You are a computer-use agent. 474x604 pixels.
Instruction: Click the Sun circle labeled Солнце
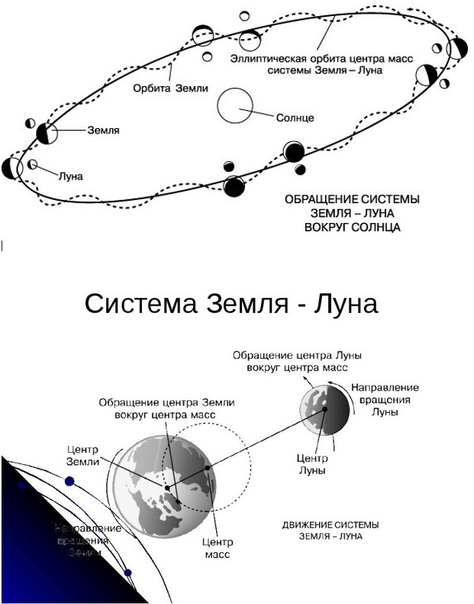pos(234,105)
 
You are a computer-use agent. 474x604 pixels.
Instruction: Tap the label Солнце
pos(295,118)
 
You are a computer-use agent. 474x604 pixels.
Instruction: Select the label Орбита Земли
pos(170,88)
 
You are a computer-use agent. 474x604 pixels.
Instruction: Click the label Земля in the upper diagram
pos(103,131)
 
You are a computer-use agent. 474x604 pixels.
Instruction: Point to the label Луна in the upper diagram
pos(70,175)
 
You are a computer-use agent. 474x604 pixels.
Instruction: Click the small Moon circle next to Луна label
pos(33,164)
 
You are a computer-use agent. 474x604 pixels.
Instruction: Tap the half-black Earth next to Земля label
pos(47,134)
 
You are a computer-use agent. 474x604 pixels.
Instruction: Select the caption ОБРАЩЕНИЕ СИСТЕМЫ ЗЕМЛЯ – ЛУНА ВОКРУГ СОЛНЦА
pos(352,213)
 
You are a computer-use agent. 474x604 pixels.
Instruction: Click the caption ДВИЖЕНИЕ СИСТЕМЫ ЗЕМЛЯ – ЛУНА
pos(331,530)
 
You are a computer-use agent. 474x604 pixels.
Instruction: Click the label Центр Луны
pos(311,463)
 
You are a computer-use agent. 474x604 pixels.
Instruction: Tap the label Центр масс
pos(216,547)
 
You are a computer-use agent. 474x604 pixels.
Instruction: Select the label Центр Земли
pos(84,455)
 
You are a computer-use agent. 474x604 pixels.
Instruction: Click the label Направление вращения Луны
pos(384,399)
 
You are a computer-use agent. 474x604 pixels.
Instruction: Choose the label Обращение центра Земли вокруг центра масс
pos(166,408)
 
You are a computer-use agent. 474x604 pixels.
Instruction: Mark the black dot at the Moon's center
pos(324,409)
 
